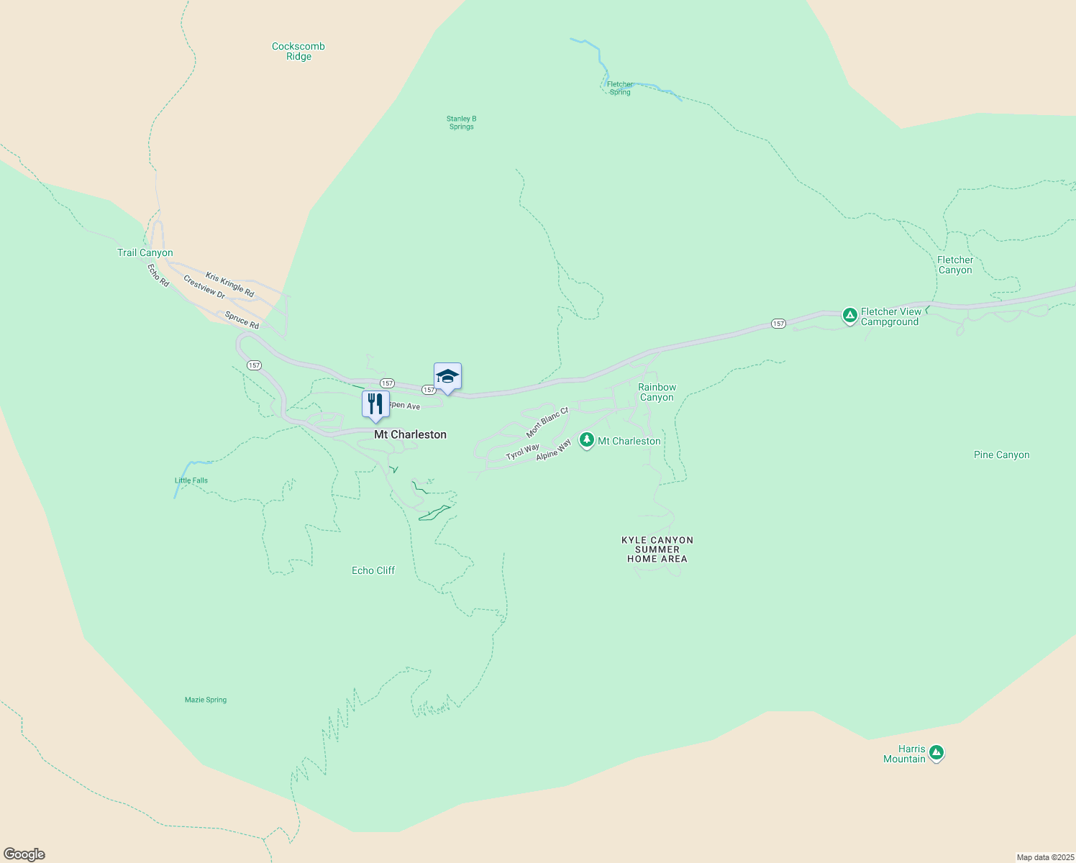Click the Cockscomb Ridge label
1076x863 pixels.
[298, 51]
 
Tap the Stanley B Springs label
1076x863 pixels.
[461, 122]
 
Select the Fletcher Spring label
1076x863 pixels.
[619, 88]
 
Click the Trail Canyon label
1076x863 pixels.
[145, 252]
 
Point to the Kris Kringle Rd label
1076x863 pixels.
[229, 285]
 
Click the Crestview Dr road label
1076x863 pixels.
[204, 287]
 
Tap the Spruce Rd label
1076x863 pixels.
[242, 320]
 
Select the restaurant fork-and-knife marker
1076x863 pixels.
[375, 404]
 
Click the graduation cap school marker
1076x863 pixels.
[447, 376]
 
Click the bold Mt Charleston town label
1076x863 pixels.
[410, 434]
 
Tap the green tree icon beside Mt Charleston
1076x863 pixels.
[587, 440]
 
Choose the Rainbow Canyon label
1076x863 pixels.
[657, 392]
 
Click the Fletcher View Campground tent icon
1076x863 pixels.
[849, 315]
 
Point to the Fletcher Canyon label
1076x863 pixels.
[955, 265]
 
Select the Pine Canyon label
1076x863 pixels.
[1001, 455]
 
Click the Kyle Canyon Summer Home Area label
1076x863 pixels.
[657, 549]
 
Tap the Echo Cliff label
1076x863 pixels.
[373, 570]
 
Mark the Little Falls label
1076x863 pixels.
[191, 480]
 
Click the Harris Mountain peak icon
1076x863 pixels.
[936, 753]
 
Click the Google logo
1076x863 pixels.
[24, 854]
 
